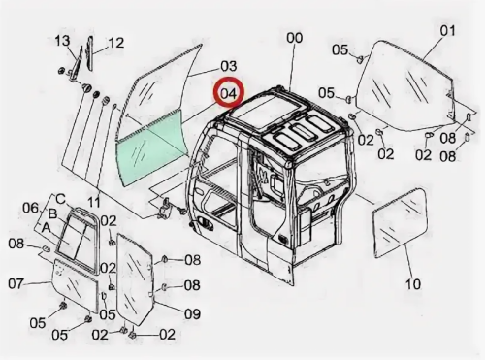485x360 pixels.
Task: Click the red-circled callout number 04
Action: point(229,94)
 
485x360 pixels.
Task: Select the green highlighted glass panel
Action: point(149,148)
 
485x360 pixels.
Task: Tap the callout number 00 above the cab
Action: point(294,38)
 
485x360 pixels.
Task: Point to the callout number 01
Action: point(448,31)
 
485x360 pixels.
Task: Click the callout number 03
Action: point(229,66)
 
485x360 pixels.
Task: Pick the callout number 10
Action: point(413,284)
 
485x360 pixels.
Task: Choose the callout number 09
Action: point(192,313)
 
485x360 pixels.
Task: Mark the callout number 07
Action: point(16,284)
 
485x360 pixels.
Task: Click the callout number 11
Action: point(94,203)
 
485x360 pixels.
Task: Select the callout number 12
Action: point(115,43)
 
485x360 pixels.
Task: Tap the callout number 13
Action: point(62,41)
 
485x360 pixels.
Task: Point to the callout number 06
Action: point(30,208)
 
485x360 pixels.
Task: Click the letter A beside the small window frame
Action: point(47,228)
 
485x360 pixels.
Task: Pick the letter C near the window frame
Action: point(61,199)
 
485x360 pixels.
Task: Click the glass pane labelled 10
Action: point(401,223)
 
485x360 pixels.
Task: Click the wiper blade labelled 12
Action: point(90,53)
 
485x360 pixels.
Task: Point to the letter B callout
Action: point(52,213)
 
